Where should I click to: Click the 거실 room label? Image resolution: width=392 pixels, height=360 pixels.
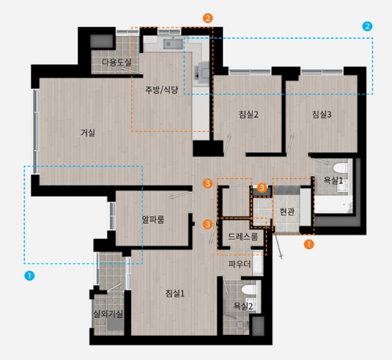pos(88,133)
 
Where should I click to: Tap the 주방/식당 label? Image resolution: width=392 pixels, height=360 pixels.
pos(161,89)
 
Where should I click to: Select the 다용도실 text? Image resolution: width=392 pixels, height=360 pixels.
pos(117,62)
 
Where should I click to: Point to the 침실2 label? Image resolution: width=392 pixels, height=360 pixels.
pos(248,114)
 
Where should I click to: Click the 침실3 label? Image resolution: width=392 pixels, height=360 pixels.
pos(322,114)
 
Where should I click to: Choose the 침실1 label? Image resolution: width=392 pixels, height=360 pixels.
pos(175,293)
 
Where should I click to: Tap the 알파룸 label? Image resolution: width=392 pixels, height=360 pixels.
pos(153,220)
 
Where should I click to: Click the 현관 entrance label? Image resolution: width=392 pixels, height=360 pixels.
pos(287,212)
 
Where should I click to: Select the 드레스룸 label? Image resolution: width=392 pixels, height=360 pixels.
pos(243,236)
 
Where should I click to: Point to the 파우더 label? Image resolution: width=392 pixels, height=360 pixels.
pos(240,264)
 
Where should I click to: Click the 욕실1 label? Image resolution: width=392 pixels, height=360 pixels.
pos(333,180)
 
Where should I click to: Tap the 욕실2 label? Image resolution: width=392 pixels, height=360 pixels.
pos(243,306)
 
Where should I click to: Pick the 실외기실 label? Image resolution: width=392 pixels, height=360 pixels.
pos(108,314)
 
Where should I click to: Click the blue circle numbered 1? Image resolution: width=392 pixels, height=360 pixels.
pos(29,276)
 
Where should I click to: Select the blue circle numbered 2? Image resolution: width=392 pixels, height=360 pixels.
pos(367,26)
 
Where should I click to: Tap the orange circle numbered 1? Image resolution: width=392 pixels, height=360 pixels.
pos(308,244)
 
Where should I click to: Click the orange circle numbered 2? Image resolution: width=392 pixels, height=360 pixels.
pos(208,18)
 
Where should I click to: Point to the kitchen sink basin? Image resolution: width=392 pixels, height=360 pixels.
pos(173,44)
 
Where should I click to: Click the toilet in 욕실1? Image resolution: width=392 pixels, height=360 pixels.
pos(340,168)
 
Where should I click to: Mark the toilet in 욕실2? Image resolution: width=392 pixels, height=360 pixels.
pos(248,290)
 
